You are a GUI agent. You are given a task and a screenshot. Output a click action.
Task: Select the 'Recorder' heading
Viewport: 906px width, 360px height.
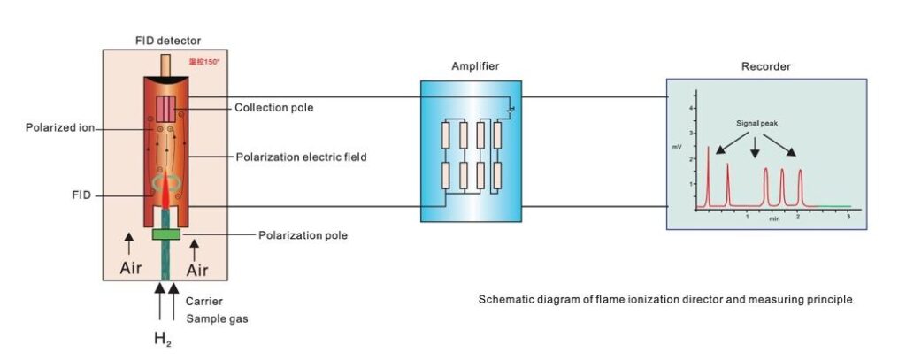pyautogui.click(x=765, y=66)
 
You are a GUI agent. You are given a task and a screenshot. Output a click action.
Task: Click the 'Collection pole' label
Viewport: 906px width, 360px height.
pyautogui.click(x=273, y=108)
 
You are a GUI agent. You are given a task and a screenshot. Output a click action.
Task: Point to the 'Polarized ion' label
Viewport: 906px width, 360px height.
pyautogui.click(x=59, y=127)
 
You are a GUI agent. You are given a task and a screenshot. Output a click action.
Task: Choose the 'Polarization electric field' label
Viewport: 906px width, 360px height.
pyautogui.click(x=301, y=157)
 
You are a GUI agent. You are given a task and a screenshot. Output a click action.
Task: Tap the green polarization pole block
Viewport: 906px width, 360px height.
pyautogui.click(x=165, y=234)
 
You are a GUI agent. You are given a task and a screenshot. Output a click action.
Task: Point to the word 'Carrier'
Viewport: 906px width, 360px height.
pyautogui.click(x=204, y=301)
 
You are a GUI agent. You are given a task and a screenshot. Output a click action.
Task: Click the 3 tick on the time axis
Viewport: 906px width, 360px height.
pyautogui.click(x=848, y=216)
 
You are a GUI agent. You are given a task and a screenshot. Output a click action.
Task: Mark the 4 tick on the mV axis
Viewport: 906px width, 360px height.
pyautogui.click(x=693, y=106)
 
